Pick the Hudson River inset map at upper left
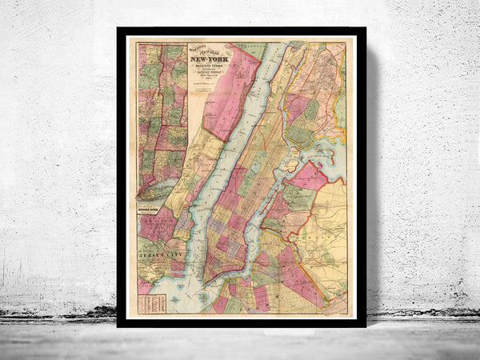[162, 120]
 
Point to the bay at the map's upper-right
[328, 152]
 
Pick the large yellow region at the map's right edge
[328, 240]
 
